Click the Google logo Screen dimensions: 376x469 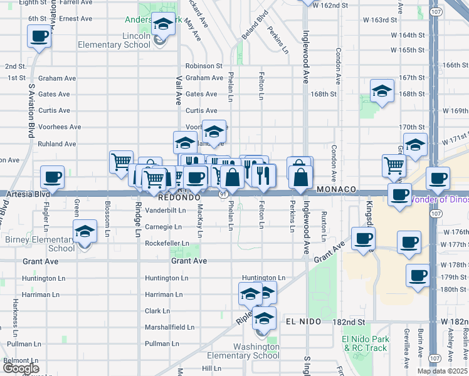click(21, 368)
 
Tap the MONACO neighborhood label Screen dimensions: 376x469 click(337, 189)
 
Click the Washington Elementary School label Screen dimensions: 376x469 click(256, 351)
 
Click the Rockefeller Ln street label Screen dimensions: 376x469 click(167, 243)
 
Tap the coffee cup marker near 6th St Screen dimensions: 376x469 click(39, 36)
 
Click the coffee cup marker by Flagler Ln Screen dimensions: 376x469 click(53, 177)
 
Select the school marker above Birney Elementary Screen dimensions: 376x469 click(85, 231)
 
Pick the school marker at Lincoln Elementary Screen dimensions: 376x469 click(164, 24)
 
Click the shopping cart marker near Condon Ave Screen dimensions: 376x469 click(394, 165)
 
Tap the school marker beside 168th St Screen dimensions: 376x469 click(382, 91)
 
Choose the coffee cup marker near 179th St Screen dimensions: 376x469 click(418, 275)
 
